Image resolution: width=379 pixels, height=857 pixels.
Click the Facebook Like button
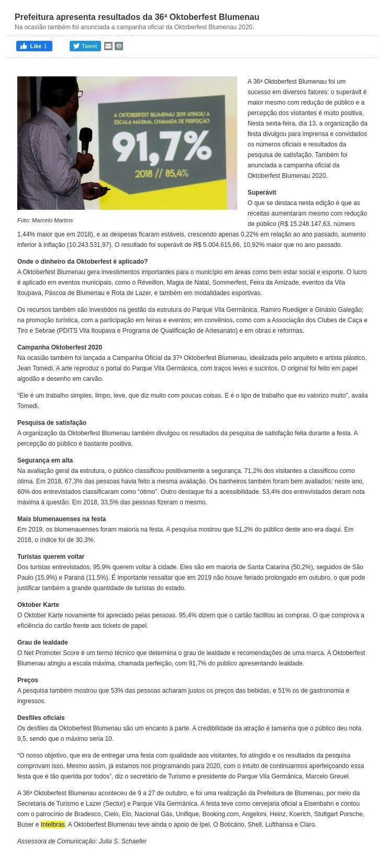[34, 46]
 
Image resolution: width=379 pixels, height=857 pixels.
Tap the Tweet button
[85, 46]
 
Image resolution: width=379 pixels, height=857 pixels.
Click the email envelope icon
[108, 46]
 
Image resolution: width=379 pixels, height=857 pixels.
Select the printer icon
[119, 46]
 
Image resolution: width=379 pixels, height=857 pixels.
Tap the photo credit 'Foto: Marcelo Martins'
[45, 220]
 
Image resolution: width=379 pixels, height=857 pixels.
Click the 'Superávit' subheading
[262, 193]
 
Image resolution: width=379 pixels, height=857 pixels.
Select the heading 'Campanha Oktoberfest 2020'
[60, 347]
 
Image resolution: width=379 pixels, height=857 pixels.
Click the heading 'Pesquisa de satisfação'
[52, 423]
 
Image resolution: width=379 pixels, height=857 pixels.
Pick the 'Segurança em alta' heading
[45, 460]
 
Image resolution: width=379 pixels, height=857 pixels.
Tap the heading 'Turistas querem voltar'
[51, 557]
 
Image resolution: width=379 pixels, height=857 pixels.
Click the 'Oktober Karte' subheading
[38, 605]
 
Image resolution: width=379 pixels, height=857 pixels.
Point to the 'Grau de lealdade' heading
[42, 642]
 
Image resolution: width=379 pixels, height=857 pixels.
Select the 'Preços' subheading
[28, 680]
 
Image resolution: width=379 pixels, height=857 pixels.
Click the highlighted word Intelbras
[53, 825]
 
